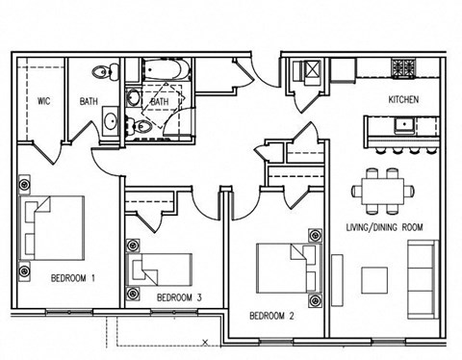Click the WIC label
pos(44,100)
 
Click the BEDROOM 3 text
pos(178,296)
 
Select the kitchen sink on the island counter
pos(403,125)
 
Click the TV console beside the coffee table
pos(336,279)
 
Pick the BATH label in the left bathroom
pos(89,100)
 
